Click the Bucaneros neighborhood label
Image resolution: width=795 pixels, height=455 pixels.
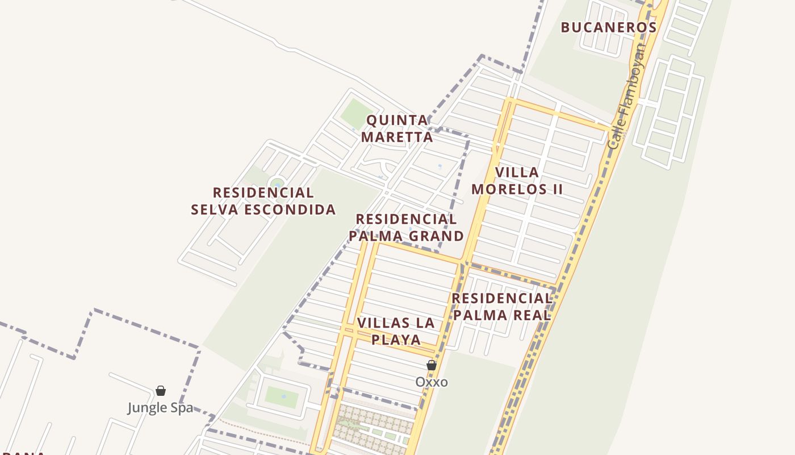609,27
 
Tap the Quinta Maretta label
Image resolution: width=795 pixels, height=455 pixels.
397,129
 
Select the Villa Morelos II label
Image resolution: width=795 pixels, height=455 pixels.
517,180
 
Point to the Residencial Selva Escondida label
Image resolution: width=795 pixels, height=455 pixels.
263,201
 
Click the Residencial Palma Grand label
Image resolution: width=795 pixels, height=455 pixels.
406,227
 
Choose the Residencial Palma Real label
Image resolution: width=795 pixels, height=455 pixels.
502,307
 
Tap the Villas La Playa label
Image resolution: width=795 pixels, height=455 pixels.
396,331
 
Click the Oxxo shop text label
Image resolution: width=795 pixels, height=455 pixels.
432,382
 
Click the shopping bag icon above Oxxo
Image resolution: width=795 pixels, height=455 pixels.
432,365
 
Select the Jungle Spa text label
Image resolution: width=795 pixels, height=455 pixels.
160,408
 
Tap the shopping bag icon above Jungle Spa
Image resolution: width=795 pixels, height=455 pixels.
161,391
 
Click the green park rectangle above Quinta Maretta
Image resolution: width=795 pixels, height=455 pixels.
357,114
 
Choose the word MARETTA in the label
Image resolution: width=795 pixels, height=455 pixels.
397,137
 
